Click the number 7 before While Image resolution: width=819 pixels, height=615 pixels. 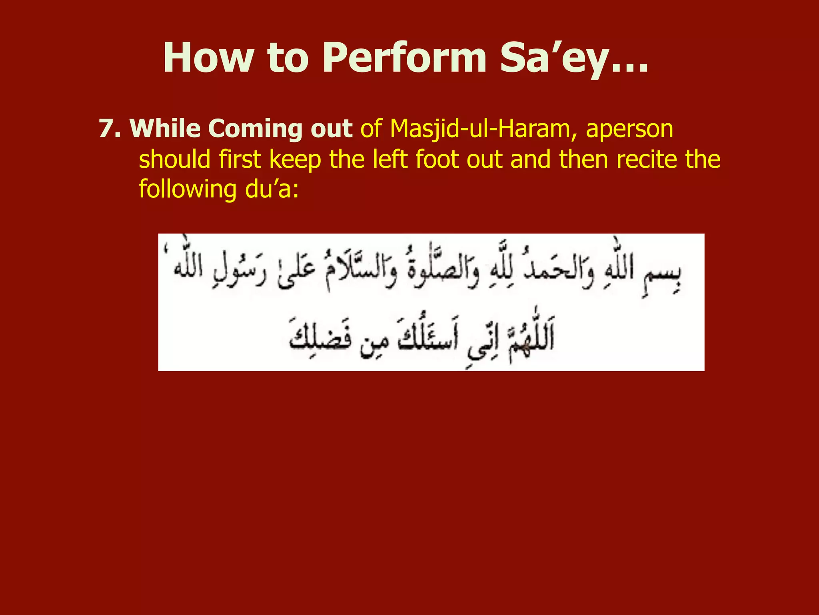pos(107,129)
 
